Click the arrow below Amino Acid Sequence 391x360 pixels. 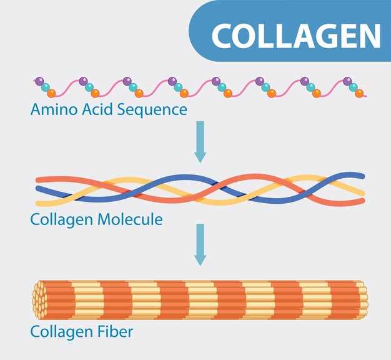[x=200, y=141]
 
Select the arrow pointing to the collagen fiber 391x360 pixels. [x=200, y=244]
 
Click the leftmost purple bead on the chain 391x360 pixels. [x=39, y=81]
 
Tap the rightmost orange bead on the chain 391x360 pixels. [x=359, y=94]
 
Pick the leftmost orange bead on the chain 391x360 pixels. [x=51, y=93]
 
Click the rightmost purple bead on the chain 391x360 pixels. [x=347, y=81]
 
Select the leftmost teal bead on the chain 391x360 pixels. [x=45, y=87]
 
